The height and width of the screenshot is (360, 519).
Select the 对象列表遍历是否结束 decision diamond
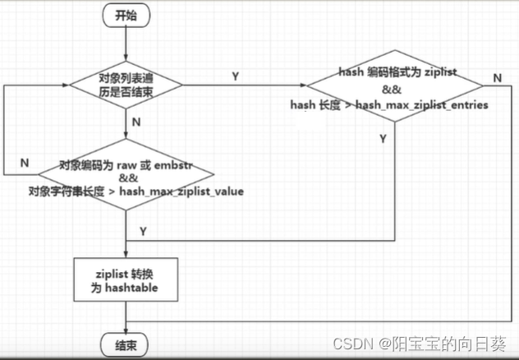click(125, 84)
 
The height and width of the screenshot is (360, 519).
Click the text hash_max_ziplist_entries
click(422, 105)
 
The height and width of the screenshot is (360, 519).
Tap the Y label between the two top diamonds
click(236, 76)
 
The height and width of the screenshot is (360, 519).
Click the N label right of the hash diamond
click(497, 77)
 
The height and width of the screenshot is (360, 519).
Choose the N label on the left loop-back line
click(25, 163)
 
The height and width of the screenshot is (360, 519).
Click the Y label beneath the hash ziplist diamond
click(382, 139)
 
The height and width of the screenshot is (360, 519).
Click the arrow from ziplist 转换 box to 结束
click(125, 316)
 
